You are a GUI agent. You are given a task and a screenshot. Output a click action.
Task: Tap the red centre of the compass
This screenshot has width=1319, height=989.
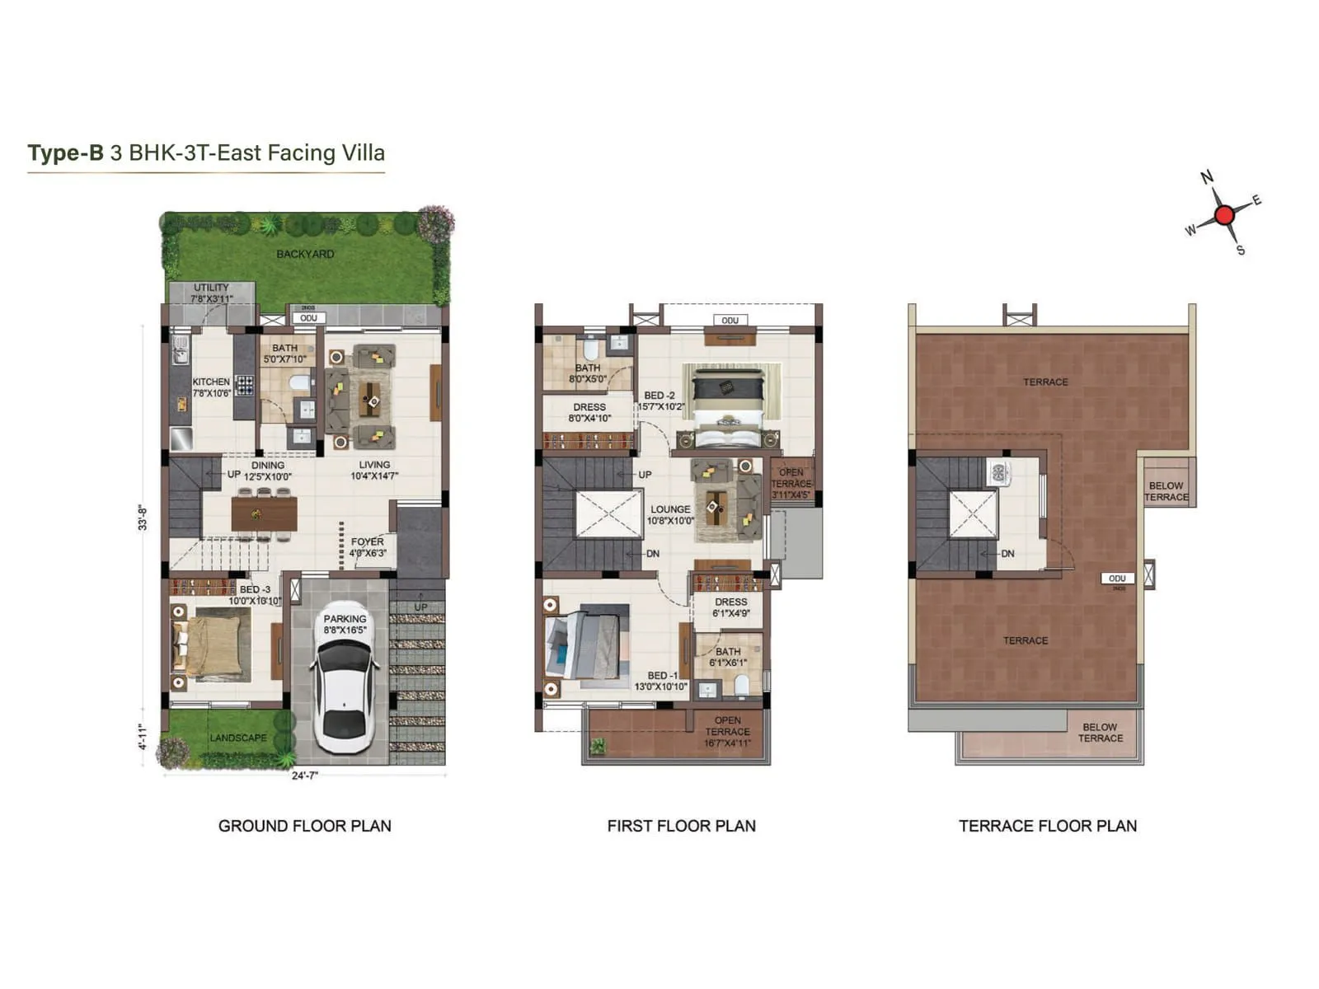(x=1224, y=215)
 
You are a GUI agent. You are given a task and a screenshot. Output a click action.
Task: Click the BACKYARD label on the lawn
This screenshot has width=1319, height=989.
(x=305, y=254)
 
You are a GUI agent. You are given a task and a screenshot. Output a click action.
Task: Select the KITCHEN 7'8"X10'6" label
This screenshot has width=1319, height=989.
(x=211, y=387)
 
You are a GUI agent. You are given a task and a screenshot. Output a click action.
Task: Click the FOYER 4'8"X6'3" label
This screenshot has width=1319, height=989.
(x=367, y=547)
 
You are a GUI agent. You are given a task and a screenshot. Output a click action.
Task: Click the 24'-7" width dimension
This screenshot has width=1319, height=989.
(x=304, y=776)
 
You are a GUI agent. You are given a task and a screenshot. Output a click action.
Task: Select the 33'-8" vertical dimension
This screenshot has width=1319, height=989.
(x=143, y=518)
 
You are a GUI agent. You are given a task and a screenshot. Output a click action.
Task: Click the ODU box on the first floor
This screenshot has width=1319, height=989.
(x=730, y=321)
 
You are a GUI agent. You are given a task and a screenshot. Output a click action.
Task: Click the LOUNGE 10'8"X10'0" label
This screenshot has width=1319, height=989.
(x=669, y=514)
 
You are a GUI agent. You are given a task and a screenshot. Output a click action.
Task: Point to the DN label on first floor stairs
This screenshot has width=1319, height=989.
(x=652, y=554)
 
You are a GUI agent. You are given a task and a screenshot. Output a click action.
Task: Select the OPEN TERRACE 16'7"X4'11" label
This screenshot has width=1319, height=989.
(x=727, y=732)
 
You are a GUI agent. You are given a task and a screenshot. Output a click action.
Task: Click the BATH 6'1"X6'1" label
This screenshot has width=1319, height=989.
(x=727, y=657)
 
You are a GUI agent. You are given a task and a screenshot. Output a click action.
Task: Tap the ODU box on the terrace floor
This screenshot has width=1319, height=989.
(x=1117, y=579)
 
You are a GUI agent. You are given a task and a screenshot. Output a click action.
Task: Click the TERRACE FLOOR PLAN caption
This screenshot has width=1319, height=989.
(x=1047, y=826)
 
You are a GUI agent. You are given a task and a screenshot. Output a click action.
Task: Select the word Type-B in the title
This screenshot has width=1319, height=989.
(x=65, y=153)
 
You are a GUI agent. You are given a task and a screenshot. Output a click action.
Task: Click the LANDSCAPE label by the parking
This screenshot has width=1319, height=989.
(x=237, y=738)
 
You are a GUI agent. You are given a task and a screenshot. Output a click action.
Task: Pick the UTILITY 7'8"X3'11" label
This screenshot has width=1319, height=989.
(x=211, y=293)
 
